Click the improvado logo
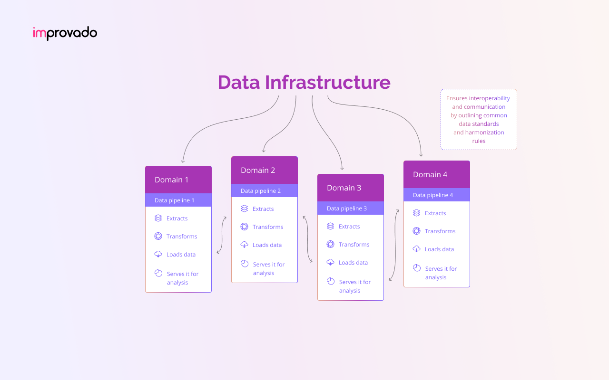point(65,33)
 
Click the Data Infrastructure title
point(304,82)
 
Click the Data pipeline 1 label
point(174,200)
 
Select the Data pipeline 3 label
point(346,209)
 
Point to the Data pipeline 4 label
point(432,195)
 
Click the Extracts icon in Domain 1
point(158,218)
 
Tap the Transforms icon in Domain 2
point(244,227)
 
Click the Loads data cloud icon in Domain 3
point(330,262)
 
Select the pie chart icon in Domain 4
point(416,268)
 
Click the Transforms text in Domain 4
point(440,231)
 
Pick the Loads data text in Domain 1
point(181,255)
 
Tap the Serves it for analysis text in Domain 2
point(268,269)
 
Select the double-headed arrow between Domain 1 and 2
point(221,235)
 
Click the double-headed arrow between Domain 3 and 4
point(394,245)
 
